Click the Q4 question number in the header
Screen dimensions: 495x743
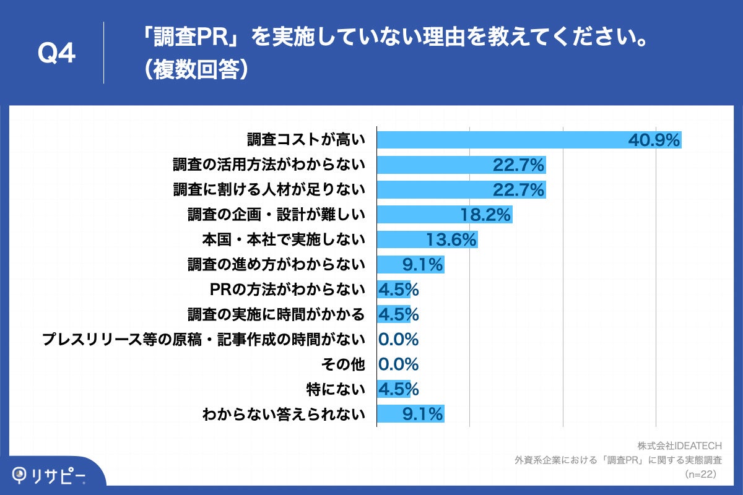pyautogui.click(x=57, y=54)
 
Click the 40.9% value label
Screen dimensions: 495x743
pyautogui.click(x=654, y=140)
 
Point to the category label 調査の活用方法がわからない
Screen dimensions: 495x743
pyautogui.click(x=269, y=165)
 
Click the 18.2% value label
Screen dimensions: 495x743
pyautogui.click(x=485, y=215)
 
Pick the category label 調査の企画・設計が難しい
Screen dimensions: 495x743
pyautogui.click(x=277, y=215)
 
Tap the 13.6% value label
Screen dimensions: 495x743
pyautogui.click(x=451, y=239)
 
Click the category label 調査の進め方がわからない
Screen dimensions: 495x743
pyautogui.click(x=277, y=264)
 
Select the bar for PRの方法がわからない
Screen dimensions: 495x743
pyautogui.click(x=394, y=289)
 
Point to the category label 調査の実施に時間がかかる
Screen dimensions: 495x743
pyautogui.click(x=277, y=314)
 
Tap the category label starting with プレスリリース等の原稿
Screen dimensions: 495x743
pyautogui.click(x=204, y=339)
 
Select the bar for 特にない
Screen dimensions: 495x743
pyautogui.click(x=394, y=389)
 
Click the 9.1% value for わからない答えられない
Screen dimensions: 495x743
pyautogui.click(x=422, y=414)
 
